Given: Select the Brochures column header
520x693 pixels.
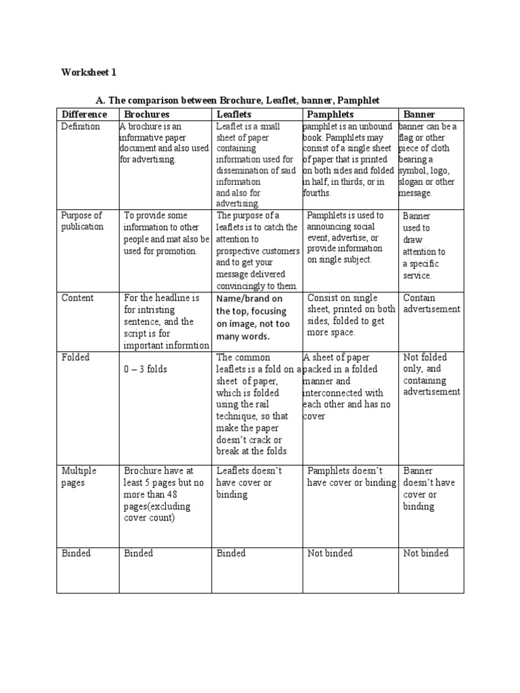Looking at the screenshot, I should (x=147, y=114).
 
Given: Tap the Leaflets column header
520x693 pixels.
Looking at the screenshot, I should (x=234, y=114).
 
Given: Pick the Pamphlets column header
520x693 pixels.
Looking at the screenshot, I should (x=330, y=114).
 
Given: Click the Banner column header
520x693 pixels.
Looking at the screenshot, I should (x=419, y=114).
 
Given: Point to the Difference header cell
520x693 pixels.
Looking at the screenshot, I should (x=84, y=114).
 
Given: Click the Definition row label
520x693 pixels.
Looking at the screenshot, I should (x=81, y=127).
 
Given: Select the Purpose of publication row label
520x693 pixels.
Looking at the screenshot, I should (x=83, y=221).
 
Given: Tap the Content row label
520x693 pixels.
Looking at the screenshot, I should (x=78, y=298).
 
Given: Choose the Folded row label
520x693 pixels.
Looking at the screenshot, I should (x=75, y=357).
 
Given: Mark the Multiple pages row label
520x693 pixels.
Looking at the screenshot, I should (x=79, y=476).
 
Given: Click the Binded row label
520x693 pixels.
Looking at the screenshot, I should (x=76, y=554).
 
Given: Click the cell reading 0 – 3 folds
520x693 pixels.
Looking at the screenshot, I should (x=146, y=370).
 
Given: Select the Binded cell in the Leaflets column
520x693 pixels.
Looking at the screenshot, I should (x=231, y=554).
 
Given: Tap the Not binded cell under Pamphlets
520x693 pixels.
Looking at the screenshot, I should (x=330, y=554).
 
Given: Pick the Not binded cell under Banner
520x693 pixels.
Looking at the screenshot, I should (x=426, y=554).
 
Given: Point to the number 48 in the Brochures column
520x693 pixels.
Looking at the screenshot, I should (x=200, y=495).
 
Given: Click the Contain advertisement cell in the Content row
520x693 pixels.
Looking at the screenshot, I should (x=431, y=304).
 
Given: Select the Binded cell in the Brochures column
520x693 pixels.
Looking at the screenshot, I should (x=139, y=554).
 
